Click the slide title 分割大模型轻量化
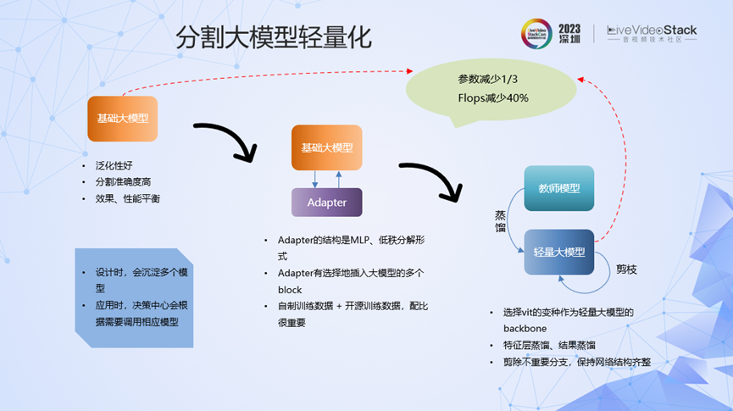(x=273, y=38)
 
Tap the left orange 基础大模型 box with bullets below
(x=122, y=119)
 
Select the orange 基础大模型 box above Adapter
(x=326, y=147)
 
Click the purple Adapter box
(x=326, y=203)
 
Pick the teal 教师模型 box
(x=558, y=188)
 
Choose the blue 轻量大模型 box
(x=558, y=252)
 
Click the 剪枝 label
(x=626, y=269)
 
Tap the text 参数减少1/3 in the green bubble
(x=487, y=79)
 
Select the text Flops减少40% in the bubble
(x=492, y=97)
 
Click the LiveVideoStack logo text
(x=652, y=31)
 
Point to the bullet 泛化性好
(x=114, y=165)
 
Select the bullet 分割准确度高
(x=123, y=181)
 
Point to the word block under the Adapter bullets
(x=290, y=289)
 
